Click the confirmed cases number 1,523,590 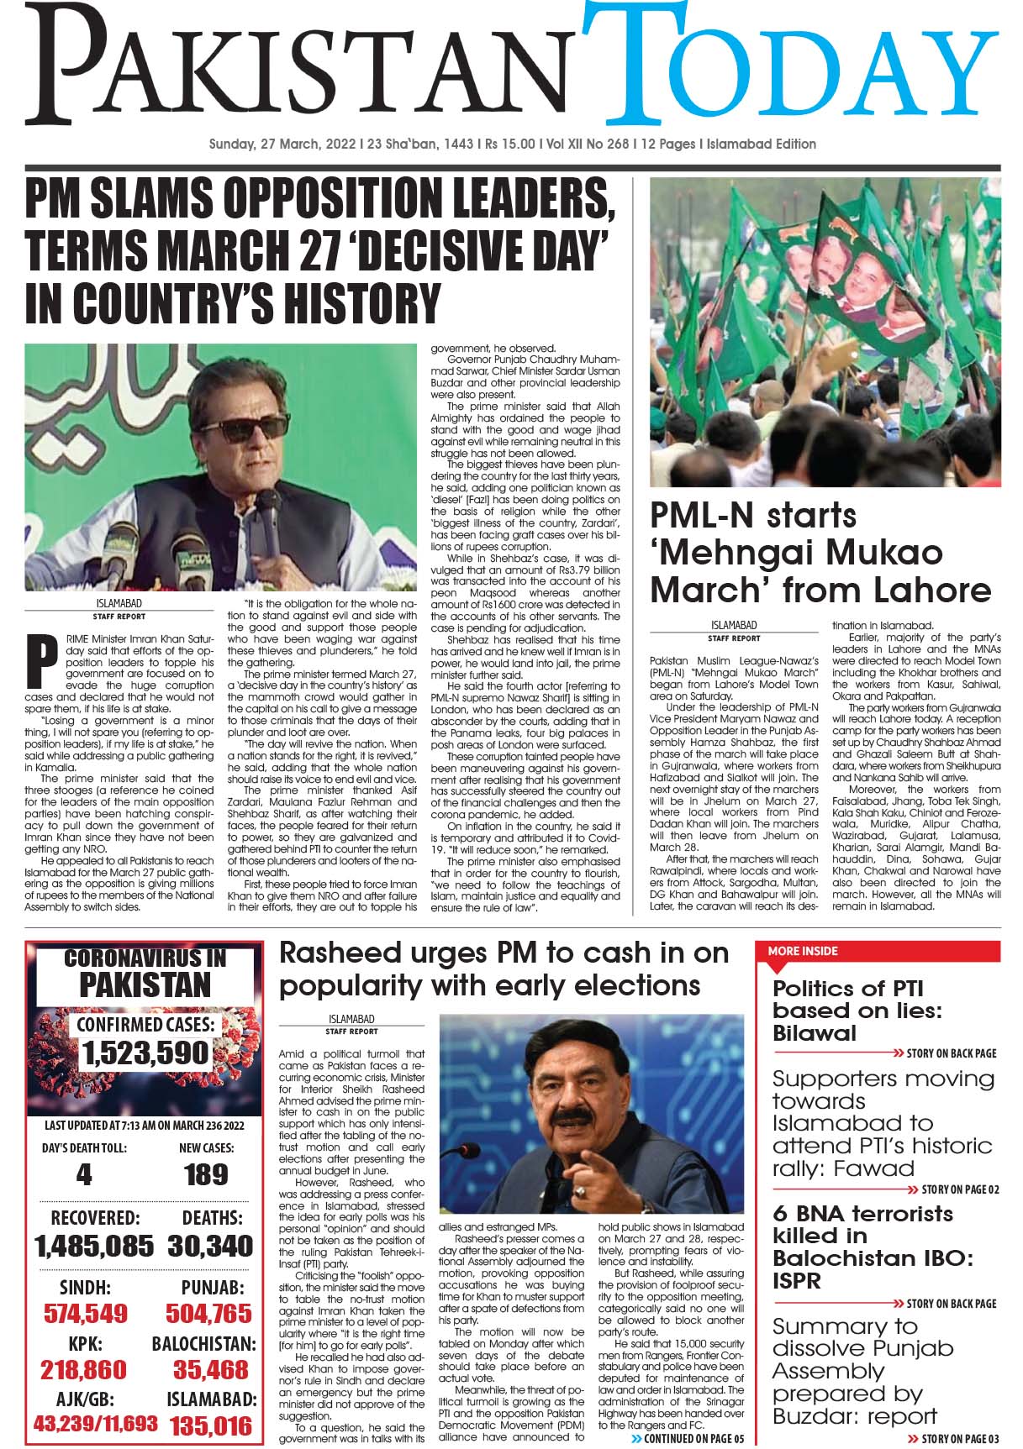145,1053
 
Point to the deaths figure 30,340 209,1246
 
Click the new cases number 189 206,1174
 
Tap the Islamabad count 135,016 210,1425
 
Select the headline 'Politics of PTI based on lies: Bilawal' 857,1010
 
